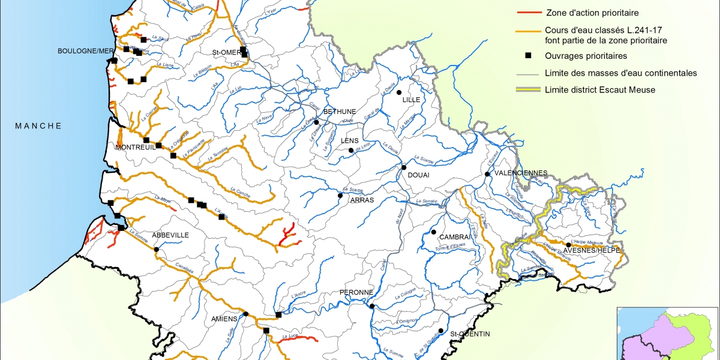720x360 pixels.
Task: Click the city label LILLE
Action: coord(412,100)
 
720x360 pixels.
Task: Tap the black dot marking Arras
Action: coord(340,196)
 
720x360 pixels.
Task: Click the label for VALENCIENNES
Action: coord(520,173)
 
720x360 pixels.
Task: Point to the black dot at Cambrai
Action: coord(433,232)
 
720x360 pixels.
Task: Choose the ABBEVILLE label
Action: coord(170,235)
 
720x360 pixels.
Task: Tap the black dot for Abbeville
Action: coord(157,250)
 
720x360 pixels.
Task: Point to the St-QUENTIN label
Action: coord(471,334)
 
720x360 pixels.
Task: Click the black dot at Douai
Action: coord(404,167)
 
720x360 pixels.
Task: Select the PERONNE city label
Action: coord(357,292)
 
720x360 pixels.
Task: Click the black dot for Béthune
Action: coord(316,122)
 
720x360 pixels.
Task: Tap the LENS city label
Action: coord(349,141)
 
